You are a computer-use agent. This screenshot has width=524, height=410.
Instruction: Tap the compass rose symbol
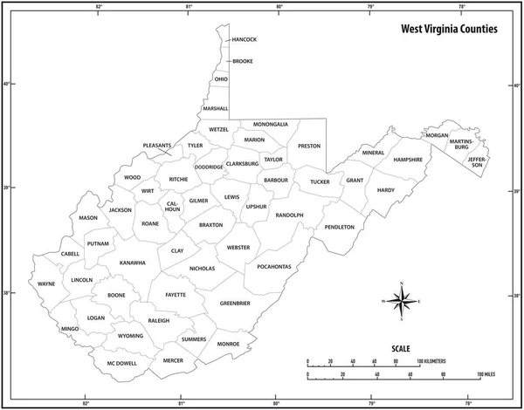pyautogui.click(x=401, y=302)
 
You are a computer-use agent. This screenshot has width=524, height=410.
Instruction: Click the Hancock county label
pyautogui.click(x=245, y=39)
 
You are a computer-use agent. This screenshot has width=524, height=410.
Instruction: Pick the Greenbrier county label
pyautogui.click(x=235, y=303)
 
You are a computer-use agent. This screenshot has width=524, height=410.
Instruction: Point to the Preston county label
pyautogui.click(x=309, y=146)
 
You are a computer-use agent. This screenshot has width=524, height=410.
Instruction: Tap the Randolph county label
pyautogui.click(x=289, y=215)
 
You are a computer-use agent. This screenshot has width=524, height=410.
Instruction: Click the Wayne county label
pyautogui.click(x=45, y=284)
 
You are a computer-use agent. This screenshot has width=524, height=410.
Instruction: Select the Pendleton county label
pyautogui.click(x=339, y=227)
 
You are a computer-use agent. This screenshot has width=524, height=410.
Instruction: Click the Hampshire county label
pyautogui.click(x=408, y=160)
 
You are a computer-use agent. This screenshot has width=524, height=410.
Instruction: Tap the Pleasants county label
pyautogui.click(x=157, y=146)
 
